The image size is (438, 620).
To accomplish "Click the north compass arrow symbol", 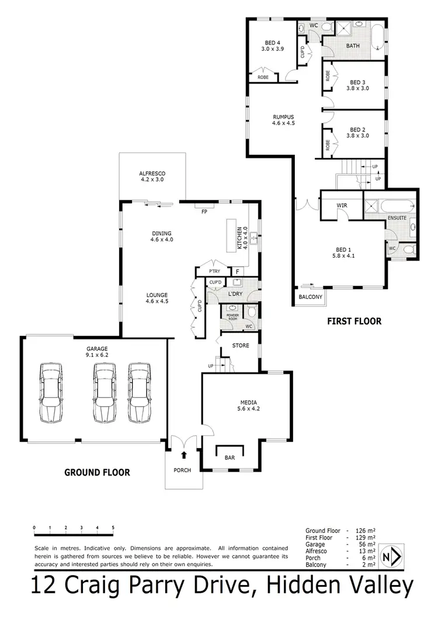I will [392, 556].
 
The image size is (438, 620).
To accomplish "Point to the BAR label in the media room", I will [230, 458].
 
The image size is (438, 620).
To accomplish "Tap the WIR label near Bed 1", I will [342, 206].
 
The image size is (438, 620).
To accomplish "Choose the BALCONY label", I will [310, 297].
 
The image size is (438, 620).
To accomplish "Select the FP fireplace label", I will [204, 212].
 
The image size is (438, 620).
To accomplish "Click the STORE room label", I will [241, 345].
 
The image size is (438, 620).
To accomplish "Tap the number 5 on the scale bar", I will [113, 527].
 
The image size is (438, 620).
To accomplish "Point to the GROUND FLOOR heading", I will [97, 472].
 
